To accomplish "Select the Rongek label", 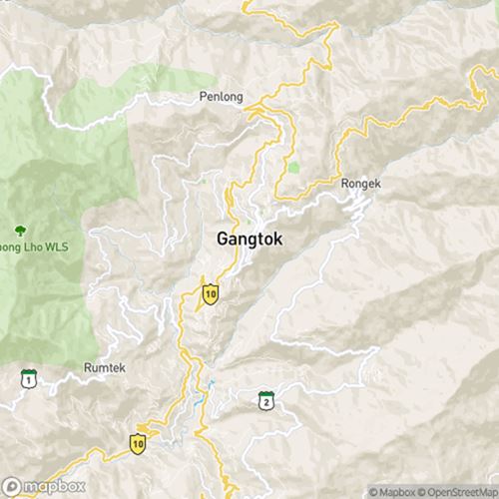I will [361, 185].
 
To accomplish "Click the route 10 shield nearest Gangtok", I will [210, 292].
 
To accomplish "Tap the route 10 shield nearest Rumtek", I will [138, 442].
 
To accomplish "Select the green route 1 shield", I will [28, 378].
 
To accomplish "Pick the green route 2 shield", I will [265, 401].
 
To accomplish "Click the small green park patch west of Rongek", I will [293, 167].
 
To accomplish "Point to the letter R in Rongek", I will [345, 185].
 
